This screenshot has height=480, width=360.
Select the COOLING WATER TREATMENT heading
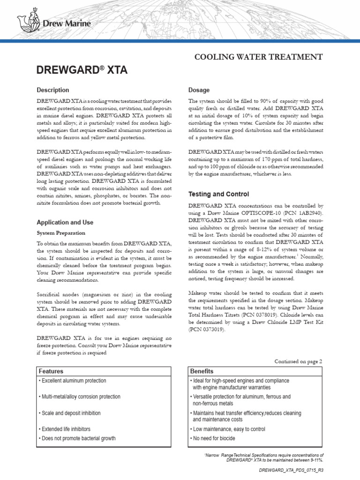(258, 57)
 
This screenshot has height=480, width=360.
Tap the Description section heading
(52, 90)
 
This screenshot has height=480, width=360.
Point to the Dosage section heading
(199, 90)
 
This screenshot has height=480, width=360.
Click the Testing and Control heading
(218, 194)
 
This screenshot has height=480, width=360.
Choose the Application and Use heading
(65, 222)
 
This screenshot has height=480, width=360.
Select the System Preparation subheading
(61, 232)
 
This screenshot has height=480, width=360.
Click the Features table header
(51, 371)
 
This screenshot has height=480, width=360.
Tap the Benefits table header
(202, 371)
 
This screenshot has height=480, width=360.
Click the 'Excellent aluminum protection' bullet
(73, 381)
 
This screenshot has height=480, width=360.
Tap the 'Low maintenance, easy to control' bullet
(227, 429)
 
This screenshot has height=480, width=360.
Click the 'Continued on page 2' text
(298, 361)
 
